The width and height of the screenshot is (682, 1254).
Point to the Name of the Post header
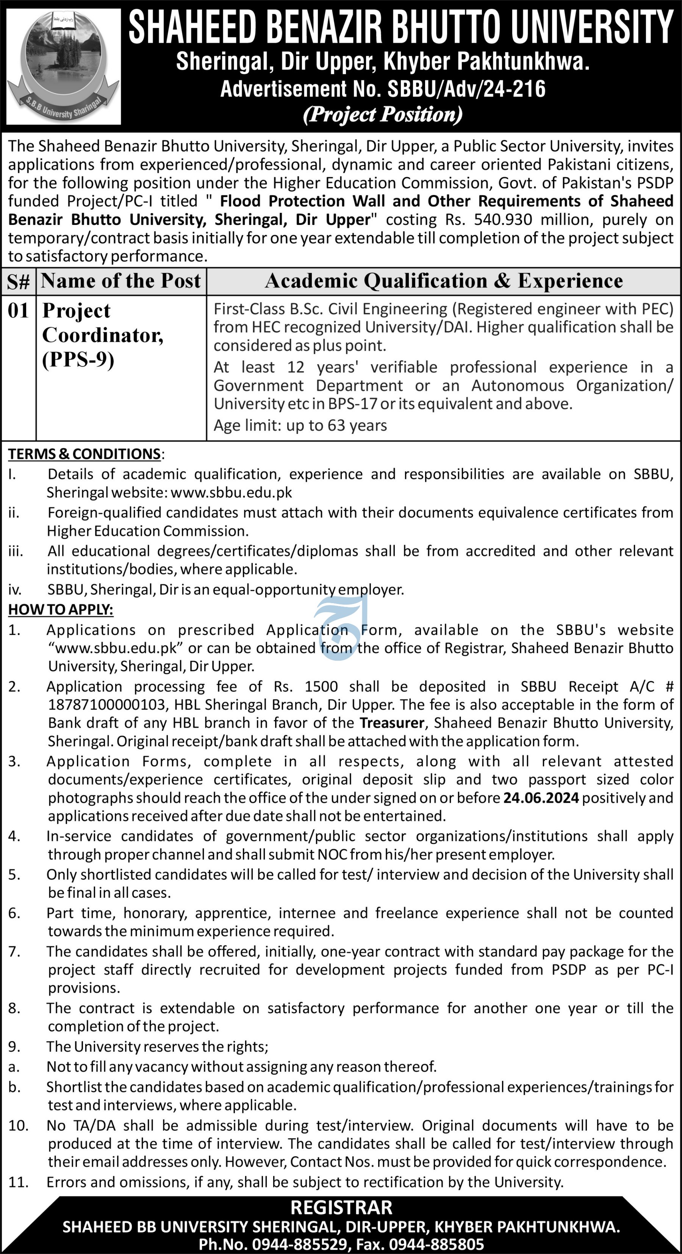121,281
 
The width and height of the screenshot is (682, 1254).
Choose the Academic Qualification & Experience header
443,281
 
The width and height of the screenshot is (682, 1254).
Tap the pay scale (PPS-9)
78,360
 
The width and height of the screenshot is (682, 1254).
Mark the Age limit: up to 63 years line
300,426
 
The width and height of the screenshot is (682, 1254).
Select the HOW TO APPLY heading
60,610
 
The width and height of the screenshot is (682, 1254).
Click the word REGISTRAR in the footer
341,1208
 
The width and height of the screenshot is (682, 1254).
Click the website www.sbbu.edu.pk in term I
232,493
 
